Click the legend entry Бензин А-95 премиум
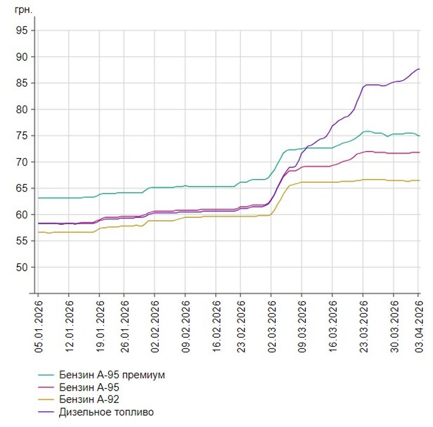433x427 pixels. click(x=108, y=375)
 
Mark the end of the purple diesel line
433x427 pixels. click(x=420, y=69)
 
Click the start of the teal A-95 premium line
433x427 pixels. click(x=38, y=198)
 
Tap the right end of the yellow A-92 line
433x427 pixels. click(x=420, y=180)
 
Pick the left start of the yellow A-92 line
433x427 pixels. click(x=38, y=232)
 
